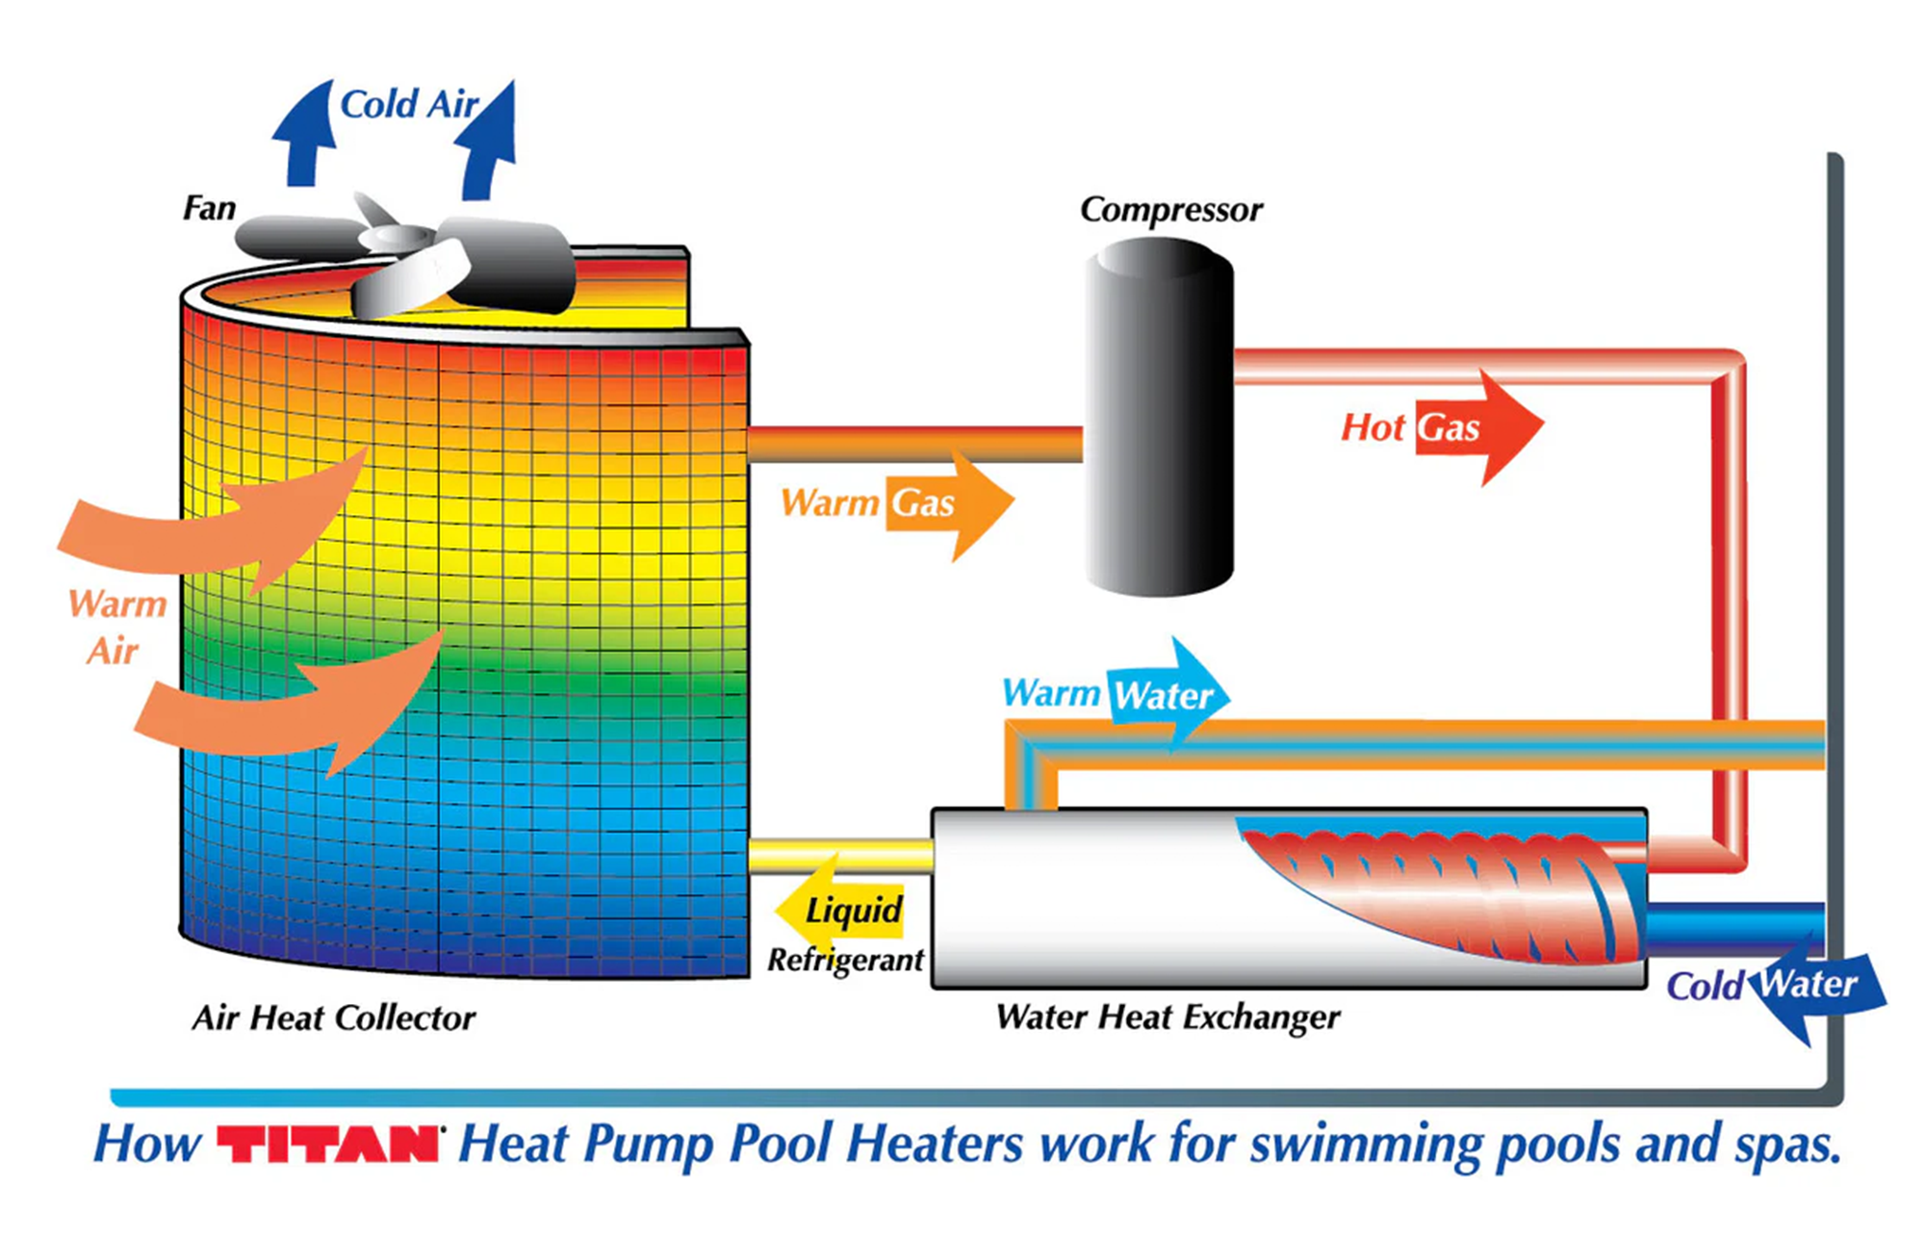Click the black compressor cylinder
(1159, 419)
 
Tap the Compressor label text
(1170, 210)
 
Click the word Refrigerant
(845, 960)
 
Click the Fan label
(209, 208)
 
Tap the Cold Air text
(408, 105)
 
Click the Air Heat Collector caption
(333, 1018)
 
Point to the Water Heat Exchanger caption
(1167, 1017)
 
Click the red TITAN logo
(328, 1144)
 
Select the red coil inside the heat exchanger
(1444, 890)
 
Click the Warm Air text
(116, 627)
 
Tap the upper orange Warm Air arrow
(221, 525)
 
